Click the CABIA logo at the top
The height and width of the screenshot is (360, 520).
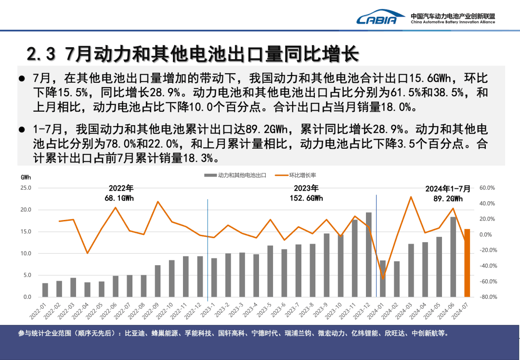[x=377, y=18]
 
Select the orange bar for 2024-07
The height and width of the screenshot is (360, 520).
[x=467, y=263]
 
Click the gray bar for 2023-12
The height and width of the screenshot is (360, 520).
[x=368, y=255]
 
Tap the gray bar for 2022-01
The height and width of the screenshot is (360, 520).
[x=45, y=290]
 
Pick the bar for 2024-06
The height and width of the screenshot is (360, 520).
[x=453, y=257]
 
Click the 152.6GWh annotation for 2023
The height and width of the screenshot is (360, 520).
[x=307, y=198]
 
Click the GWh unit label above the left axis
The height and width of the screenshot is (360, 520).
[x=26, y=177]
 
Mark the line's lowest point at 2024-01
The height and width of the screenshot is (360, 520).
[x=383, y=279]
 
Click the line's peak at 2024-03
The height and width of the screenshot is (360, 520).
[x=411, y=197]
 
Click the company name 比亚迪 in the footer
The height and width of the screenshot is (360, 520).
[x=133, y=333]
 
